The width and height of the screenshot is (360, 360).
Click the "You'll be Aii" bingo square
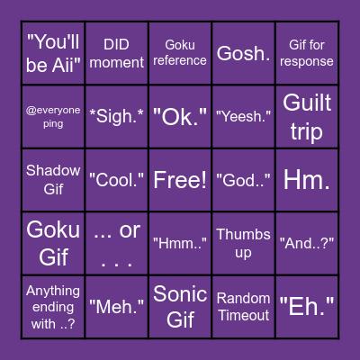53,53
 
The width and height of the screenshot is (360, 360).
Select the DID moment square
117,53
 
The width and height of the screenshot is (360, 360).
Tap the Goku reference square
180,53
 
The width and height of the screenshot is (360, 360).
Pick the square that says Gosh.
244,53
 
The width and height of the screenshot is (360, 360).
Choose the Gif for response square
307,53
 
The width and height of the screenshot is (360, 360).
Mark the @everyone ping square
53,117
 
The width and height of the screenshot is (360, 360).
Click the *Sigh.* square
117,117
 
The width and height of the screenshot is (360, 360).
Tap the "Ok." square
180,117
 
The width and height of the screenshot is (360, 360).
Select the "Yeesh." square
244,117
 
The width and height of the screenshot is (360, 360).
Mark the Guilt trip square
307,117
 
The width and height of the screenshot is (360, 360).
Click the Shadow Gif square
53,180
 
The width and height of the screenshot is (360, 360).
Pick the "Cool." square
117,180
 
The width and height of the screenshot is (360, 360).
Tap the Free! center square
180,180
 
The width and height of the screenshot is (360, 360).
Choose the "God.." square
244,180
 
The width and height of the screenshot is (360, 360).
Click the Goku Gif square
53,243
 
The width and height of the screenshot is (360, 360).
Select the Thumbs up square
244,243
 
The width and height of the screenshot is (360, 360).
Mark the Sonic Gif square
180,306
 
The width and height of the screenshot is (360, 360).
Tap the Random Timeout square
244,306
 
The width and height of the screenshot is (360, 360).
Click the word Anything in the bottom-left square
53,291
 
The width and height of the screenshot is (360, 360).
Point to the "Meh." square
117,306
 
